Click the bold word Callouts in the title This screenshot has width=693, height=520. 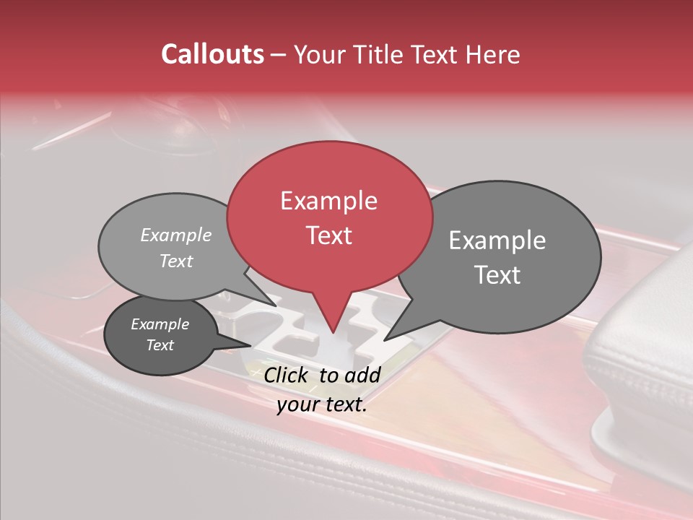click(212, 54)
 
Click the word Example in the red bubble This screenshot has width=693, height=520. click(328, 201)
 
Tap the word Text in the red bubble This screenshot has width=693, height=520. click(329, 235)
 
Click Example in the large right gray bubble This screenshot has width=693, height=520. click(497, 240)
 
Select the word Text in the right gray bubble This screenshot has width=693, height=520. click(497, 275)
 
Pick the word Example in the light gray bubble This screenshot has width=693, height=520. click(176, 235)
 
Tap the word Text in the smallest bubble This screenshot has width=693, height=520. click(160, 345)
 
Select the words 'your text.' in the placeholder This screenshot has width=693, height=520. click(322, 404)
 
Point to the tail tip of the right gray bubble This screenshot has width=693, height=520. click(385, 339)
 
